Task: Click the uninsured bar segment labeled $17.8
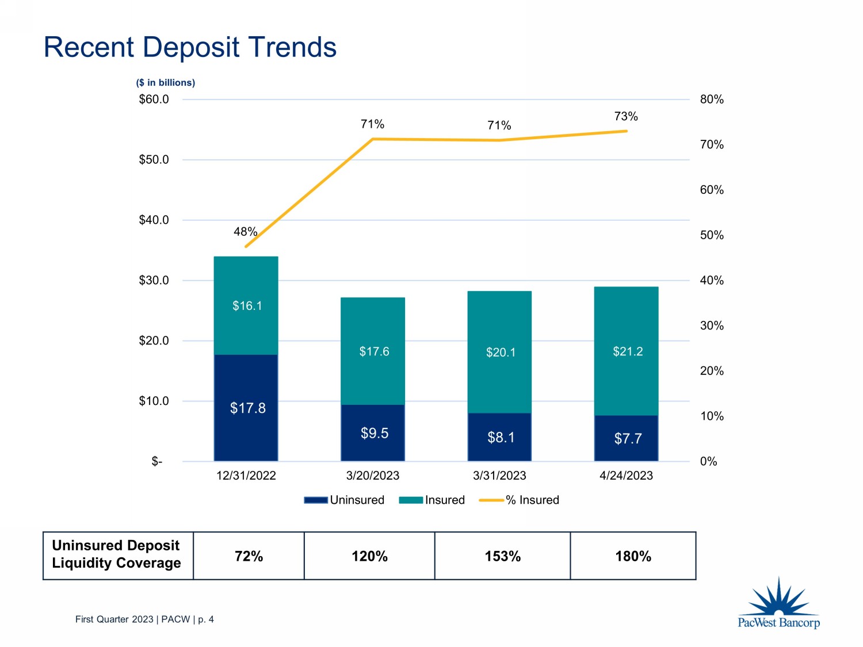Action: (x=246, y=408)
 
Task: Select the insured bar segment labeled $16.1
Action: (x=246, y=305)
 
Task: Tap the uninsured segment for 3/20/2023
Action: (x=373, y=432)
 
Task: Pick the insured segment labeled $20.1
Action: (x=499, y=351)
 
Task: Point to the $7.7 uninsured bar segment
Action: (x=627, y=438)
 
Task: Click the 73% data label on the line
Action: (x=626, y=116)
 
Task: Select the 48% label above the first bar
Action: (x=245, y=231)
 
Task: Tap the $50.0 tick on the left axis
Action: (x=154, y=159)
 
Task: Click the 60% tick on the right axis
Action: (x=712, y=190)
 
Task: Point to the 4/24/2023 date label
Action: (x=626, y=476)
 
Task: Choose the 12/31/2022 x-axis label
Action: (x=246, y=476)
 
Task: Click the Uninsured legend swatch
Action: (x=316, y=500)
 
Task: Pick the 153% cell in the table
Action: (x=502, y=556)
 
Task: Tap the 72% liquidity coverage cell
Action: (x=249, y=556)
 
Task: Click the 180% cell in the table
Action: (x=633, y=556)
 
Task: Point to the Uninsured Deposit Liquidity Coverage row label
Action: (x=116, y=554)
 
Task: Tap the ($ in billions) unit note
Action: (x=166, y=83)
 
